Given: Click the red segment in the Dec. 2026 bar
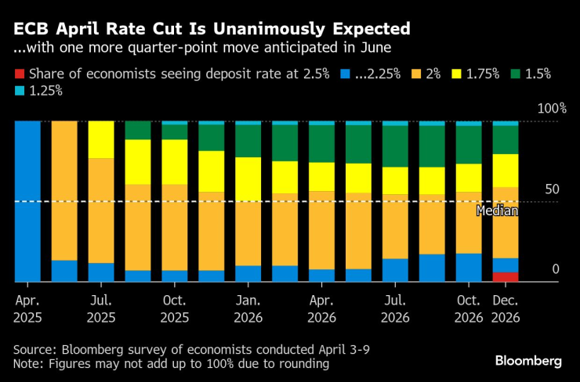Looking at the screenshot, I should pos(506,276).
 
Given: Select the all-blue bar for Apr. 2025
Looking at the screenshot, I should pos(27,201).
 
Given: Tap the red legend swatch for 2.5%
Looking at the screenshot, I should pos(19,74).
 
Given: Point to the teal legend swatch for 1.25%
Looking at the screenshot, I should pos(19,90).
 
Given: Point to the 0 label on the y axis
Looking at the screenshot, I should pos(556,269).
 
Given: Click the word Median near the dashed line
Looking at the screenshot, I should pos(497,210).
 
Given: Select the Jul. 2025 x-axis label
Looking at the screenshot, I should pos(101,308).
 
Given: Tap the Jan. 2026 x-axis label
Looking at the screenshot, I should pos(248,308).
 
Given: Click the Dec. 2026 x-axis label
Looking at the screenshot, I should pos(506,308).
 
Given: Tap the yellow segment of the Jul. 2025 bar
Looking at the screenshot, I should pos(101,140).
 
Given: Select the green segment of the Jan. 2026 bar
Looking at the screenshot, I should pos(248,141).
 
